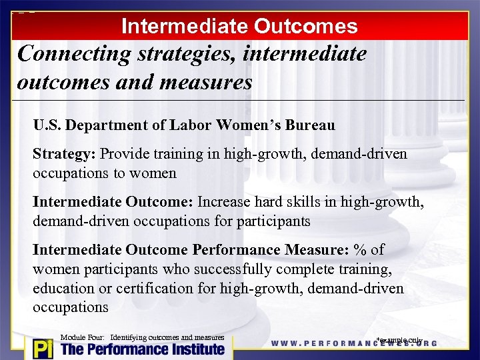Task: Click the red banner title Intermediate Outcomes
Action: tap(239, 26)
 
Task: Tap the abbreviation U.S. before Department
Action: tap(48, 125)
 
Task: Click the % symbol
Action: tap(361, 249)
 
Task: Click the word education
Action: tap(62, 288)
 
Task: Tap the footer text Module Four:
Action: tap(83, 337)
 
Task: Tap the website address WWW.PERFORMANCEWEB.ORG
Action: tap(353, 343)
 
